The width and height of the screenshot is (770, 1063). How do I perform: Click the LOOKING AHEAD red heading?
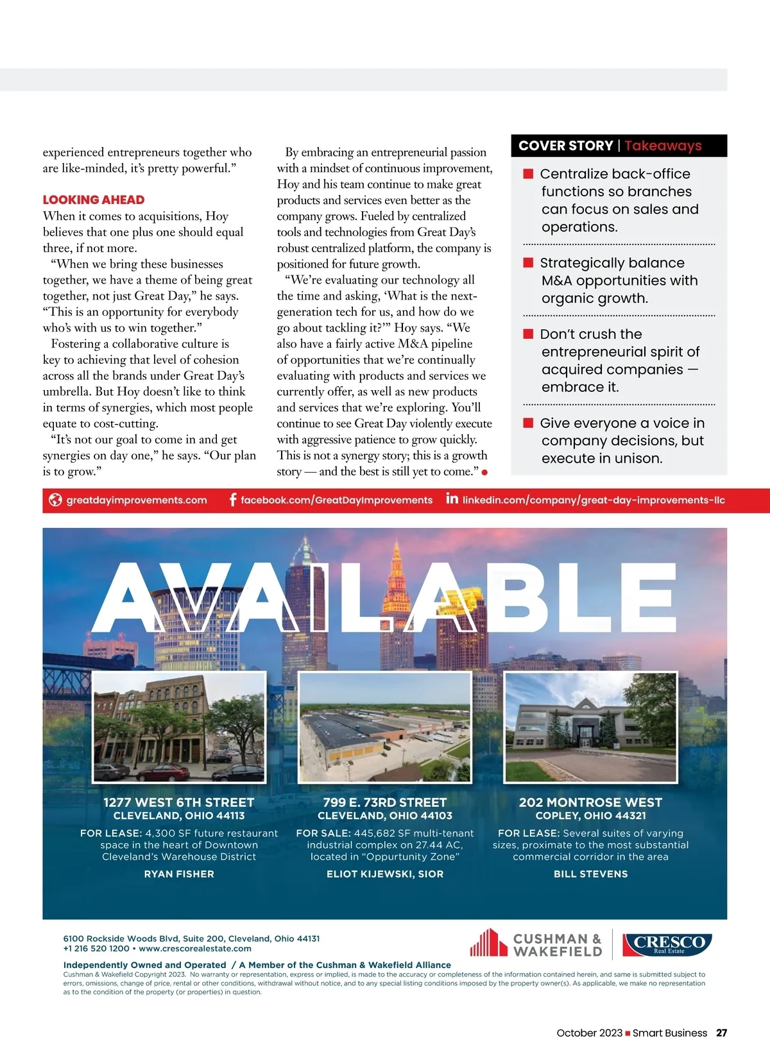tap(94, 200)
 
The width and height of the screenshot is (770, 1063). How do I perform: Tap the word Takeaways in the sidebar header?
tap(663, 146)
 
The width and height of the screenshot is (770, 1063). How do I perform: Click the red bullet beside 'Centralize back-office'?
tap(529, 173)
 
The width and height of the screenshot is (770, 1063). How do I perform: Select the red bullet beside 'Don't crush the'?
tap(529, 334)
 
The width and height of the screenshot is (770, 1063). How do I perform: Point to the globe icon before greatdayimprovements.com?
tap(56, 500)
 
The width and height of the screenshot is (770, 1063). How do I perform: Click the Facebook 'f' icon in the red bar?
tap(233, 500)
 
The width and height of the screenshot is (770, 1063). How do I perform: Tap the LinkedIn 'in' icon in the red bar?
tap(452, 498)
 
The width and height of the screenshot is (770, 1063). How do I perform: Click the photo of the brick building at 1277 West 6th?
tap(179, 727)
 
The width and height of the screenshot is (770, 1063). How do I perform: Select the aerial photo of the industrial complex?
tap(385, 727)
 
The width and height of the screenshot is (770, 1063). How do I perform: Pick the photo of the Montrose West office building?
tap(591, 727)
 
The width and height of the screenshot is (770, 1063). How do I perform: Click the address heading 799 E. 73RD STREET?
tap(385, 802)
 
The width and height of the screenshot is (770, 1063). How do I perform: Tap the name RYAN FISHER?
tap(179, 874)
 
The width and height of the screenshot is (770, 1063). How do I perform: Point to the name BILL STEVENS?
tap(591, 874)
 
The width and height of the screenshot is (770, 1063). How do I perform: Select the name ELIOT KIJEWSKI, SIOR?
tap(385, 874)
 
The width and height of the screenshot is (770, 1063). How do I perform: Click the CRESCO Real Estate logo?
tap(667, 943)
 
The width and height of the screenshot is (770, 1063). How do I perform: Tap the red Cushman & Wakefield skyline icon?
tap(488, 942)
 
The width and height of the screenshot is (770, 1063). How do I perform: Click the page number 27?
tap(722, 1033)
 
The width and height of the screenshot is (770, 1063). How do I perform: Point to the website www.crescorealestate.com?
tap(195, 948)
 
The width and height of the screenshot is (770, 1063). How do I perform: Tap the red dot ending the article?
tap(484, 473)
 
